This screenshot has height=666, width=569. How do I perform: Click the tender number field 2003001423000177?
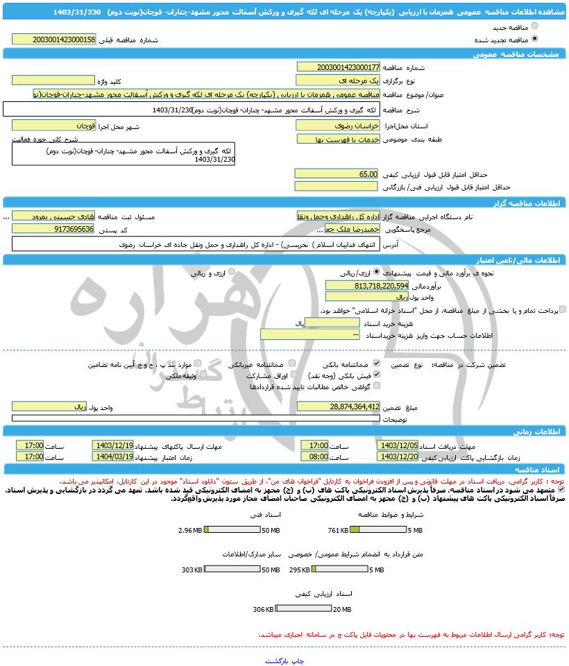tap(338, 67)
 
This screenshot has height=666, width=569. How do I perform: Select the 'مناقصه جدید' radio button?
tap(534, 26)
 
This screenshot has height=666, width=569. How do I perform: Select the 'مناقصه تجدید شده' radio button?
tap(534, 39)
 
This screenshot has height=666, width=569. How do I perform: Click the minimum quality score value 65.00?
tap(338, 174)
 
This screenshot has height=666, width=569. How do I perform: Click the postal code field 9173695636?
tap(53, 229)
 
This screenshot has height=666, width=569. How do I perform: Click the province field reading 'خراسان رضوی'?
tap(338, 126)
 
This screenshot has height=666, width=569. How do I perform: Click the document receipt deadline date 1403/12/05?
tap(399, 445)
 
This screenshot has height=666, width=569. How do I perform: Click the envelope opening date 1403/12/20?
tap(399, 457)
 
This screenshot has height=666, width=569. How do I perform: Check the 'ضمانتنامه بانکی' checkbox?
tap(377, 364)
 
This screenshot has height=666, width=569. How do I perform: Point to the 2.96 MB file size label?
tap(189, 530)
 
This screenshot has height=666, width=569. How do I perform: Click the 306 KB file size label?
tap(264, 609)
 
